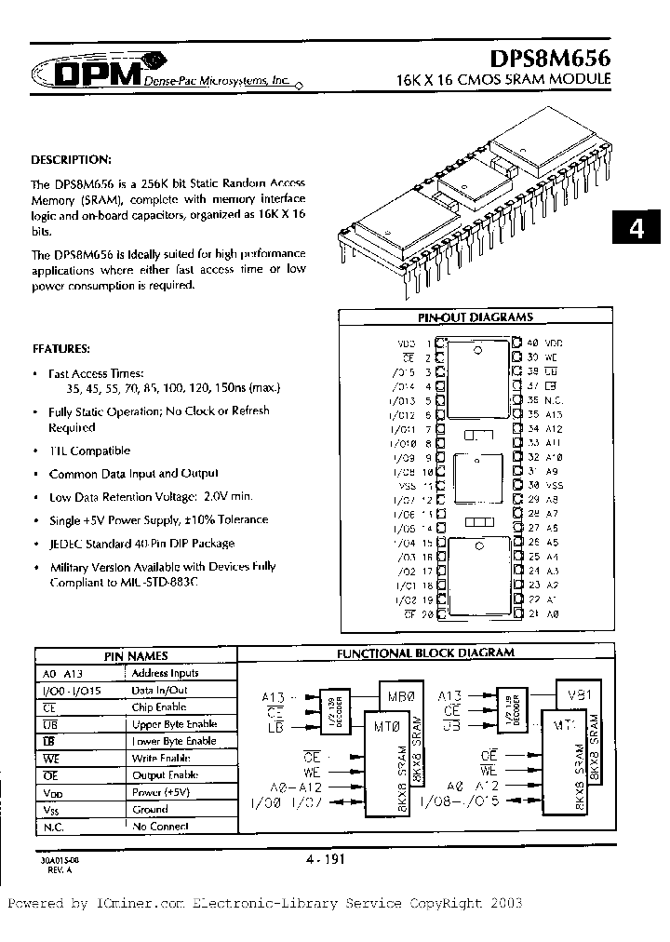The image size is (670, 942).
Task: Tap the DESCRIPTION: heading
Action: click(72, 159)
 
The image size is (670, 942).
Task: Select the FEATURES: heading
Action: click(61, 348)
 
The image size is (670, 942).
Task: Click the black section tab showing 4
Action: click(637, 229)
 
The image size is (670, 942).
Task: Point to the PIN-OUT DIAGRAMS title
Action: click(475, 317)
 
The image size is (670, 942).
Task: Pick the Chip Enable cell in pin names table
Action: click(160, 706)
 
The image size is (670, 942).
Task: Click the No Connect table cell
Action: click(160, 826)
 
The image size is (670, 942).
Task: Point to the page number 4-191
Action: click(326, 860)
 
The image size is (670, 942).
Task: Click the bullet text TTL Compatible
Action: click(89, 451)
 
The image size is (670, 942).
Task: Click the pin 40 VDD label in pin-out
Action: click(545, 343)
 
